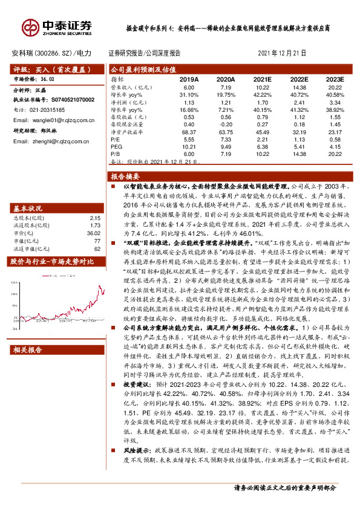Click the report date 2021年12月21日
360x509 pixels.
pyautogui.click(x=283, y=53)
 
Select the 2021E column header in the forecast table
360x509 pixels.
pyautogui.click(x=262, y=79)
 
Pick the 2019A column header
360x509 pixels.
pyautogui.click(x=189, y=79)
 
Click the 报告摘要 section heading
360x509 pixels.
pyautogui.click(x=125, y=177)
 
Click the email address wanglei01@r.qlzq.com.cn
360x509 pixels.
pyautogui.click(x=55, y=120)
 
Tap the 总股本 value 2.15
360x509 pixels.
pyautogui.click(x=94, y=218)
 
